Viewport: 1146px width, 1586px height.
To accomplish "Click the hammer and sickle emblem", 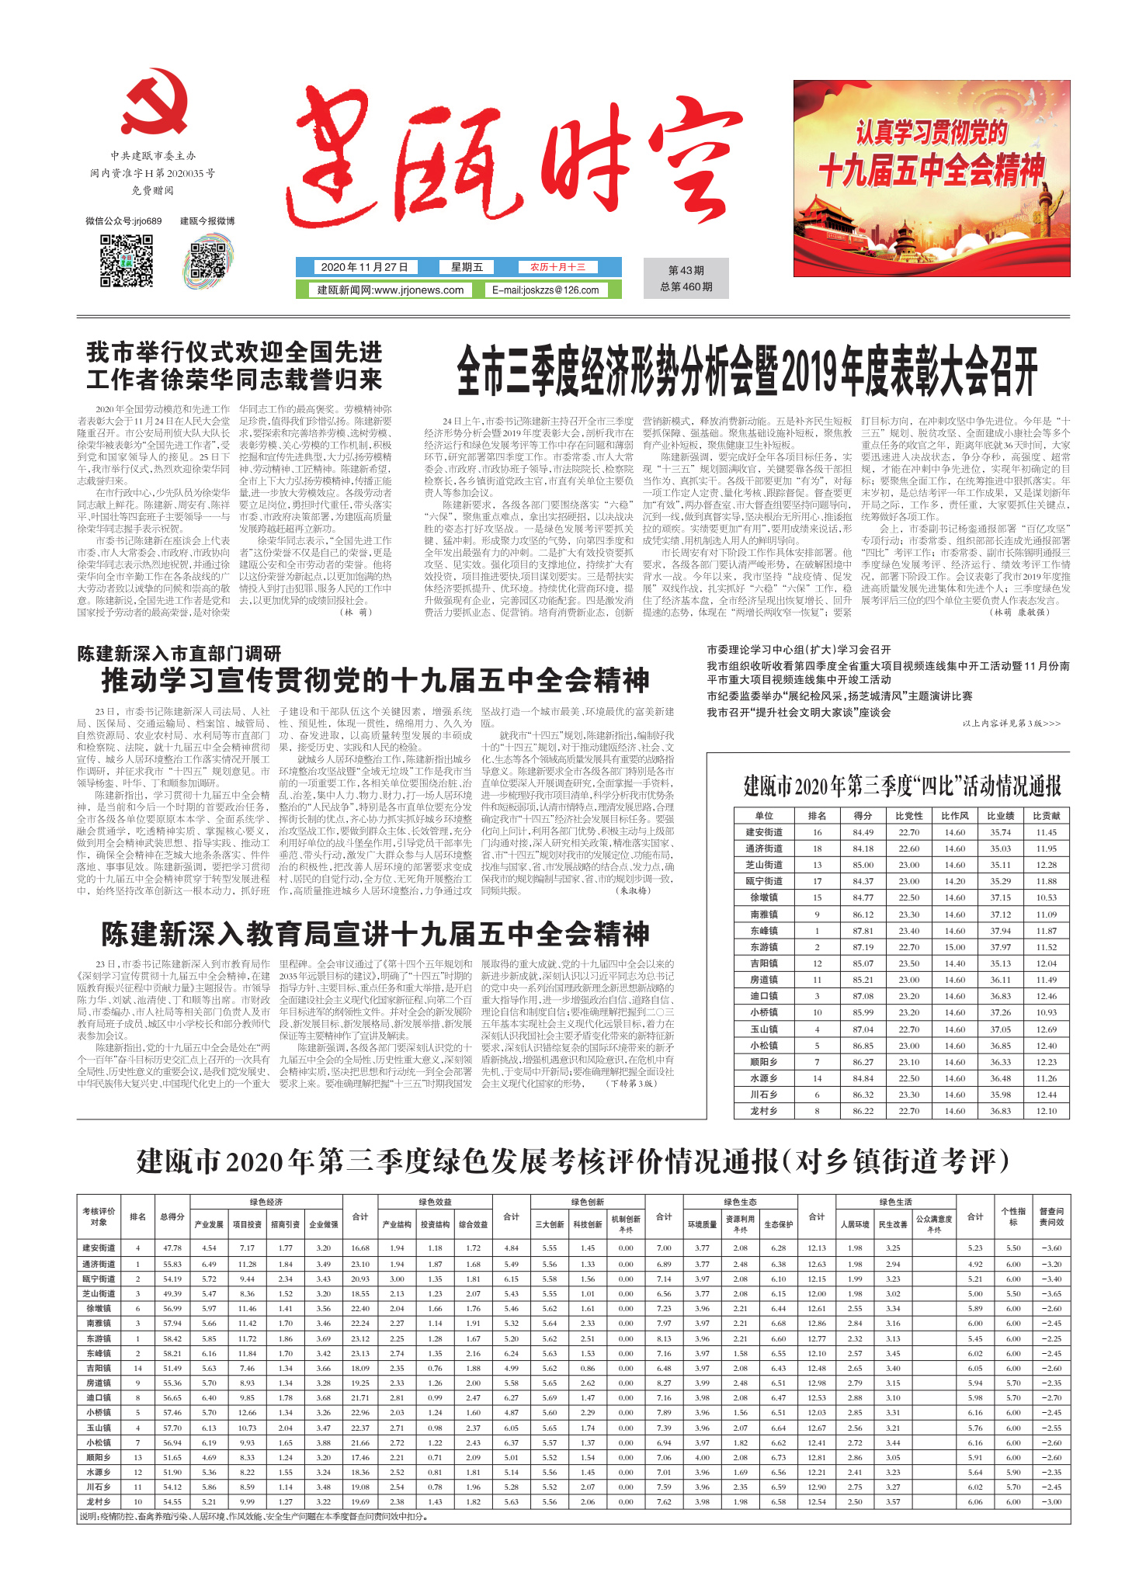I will (155, 102).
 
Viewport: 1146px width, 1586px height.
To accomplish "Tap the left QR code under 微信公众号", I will (126, 262).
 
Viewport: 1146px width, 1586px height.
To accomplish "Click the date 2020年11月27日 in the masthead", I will (364, 267).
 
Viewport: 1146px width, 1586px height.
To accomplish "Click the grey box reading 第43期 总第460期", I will (686, 279).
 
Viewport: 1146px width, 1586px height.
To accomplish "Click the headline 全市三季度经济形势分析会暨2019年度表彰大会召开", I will (746, 372).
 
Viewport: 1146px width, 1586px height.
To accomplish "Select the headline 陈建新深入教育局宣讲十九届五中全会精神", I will (375, 934).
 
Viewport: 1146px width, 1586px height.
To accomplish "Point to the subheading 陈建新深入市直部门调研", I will (179, 654).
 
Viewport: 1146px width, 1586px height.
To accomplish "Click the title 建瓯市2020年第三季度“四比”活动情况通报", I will (901, 786).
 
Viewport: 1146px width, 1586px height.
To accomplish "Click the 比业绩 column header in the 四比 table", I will (1000, 815).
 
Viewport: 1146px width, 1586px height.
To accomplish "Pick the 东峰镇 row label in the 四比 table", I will (764, 930).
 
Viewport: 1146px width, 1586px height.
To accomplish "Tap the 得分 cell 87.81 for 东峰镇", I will (863, 930).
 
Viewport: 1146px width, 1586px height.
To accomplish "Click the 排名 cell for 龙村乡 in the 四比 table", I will (817, 1111).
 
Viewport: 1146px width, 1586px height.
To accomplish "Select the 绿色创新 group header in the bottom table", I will (587, 1202).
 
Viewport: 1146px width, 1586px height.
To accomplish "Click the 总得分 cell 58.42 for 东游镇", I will (172, 1338).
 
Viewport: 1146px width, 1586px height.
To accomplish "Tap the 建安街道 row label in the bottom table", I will (99, 1248).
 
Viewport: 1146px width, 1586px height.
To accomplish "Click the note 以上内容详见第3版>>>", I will (1011, 723).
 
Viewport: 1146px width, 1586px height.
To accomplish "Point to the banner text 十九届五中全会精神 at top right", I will (931, 170).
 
